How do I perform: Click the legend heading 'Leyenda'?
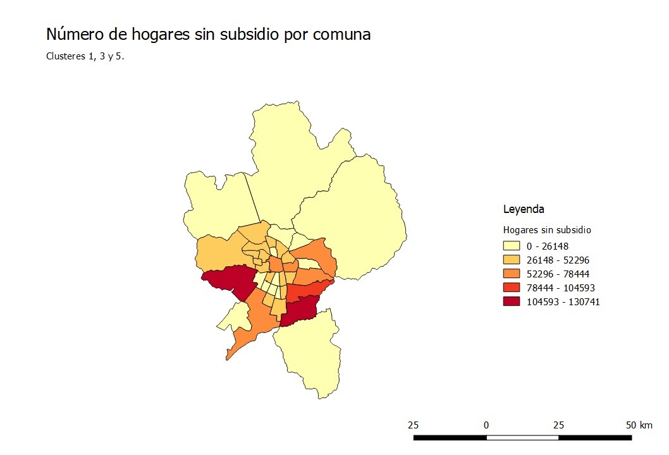pos(524,209)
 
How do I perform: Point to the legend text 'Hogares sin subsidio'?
pos(547,229)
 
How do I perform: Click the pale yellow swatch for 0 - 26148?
pos(511,246)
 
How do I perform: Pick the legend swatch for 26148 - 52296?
pos(511,260)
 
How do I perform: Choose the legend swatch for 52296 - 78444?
pos(511,274)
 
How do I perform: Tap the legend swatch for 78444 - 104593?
pos(511,288)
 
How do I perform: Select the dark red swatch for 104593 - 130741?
pos(511,301)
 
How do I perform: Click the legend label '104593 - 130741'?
pos(563,302)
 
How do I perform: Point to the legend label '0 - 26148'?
pos(549,246)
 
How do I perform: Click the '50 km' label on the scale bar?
pos(639,425)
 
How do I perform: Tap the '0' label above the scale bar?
pos(486,425)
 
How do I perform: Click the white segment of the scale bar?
pos(522,437)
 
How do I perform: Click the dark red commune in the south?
pos(299,312)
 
